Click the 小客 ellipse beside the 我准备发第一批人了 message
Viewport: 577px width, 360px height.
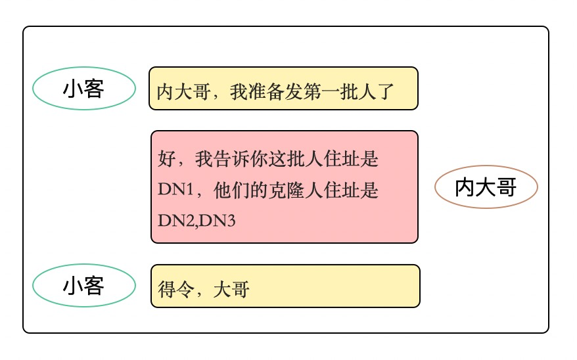tap(83, 89)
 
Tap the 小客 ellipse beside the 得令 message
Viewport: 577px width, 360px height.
tap(83, 286)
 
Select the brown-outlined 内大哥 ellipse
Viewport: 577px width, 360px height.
tap(486, 188)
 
